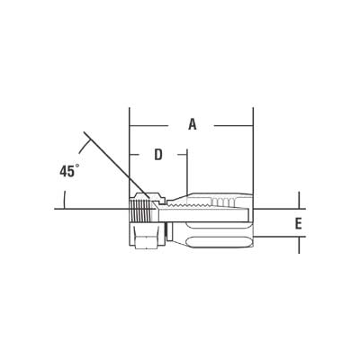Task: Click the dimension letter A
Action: pyautogui.click(x=192, y=125)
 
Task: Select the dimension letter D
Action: pyautogui.click(x=158, y=155)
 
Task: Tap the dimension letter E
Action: pyautogui.click(x=298, y=224)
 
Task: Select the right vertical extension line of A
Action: pyautogui.click(x=253, y=153)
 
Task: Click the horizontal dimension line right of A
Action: pyautogui.click(x=229, y=125)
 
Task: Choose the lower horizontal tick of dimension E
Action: pyautogui.click(x=288, y=238)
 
